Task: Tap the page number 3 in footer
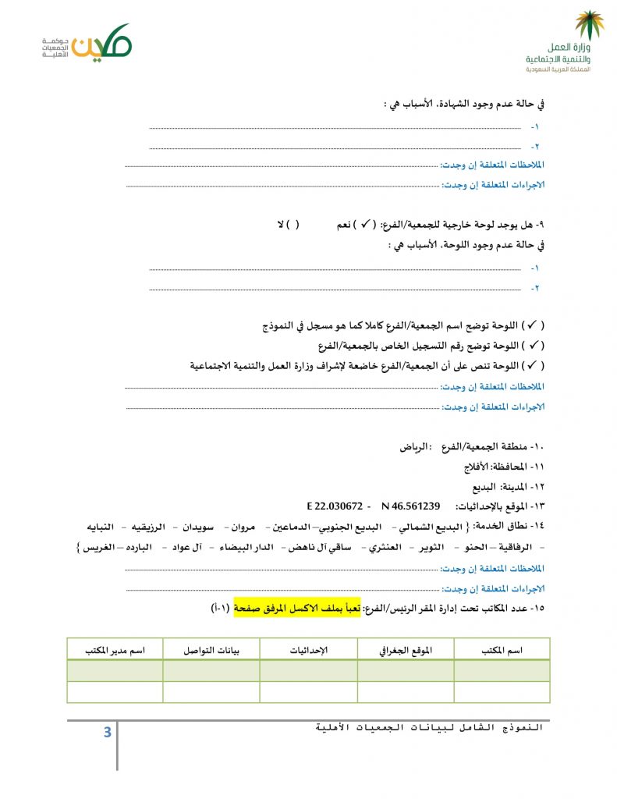coord(107,732)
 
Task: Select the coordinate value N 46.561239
coord(411,505)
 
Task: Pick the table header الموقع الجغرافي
coord(406,650)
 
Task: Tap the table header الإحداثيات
coord(309,650)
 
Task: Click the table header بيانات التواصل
coord(211,650)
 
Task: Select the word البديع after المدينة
coord(494,486)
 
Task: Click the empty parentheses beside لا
coord(293,225)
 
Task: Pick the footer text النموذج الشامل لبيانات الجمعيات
coord(429,727)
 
